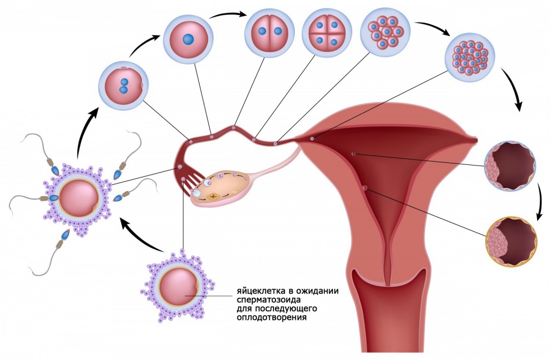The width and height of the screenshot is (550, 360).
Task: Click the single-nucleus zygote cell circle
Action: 189,38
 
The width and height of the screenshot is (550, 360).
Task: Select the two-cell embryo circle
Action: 270,31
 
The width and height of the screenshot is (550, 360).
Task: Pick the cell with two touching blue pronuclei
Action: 124,85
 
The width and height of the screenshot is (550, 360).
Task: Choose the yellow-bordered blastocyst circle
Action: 511,242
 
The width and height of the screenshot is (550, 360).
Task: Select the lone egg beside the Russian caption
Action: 178,286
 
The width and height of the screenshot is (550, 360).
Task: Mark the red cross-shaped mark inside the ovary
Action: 212,197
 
